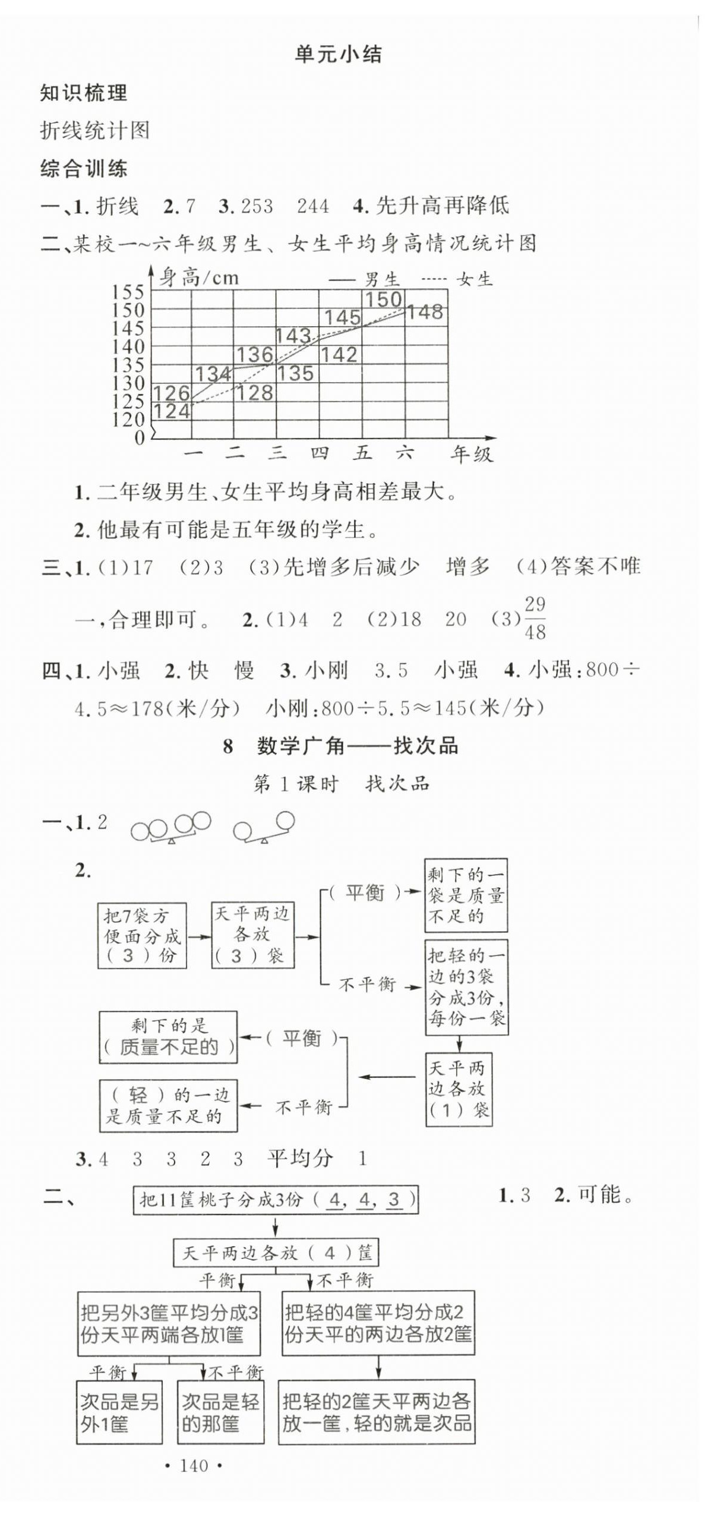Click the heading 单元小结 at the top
[338, 55]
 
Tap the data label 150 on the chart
[384, 299]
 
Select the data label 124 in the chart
[172, 411]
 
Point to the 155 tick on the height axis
[128, 292]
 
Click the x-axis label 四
[320, 454]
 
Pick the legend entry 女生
[475, 279]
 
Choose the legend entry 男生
[381, 279]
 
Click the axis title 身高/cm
[200, 277]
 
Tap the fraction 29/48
[535, 618]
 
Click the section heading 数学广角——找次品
[357, 746]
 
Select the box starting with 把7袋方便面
[142, 936]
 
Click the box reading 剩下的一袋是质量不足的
[466, 895]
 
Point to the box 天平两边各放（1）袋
[459, 1089]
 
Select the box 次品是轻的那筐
[220, 1412]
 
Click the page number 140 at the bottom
[194, 1466]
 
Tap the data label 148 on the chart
[425, 312]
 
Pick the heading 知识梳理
[84, 93]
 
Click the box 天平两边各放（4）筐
[276, 1253]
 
